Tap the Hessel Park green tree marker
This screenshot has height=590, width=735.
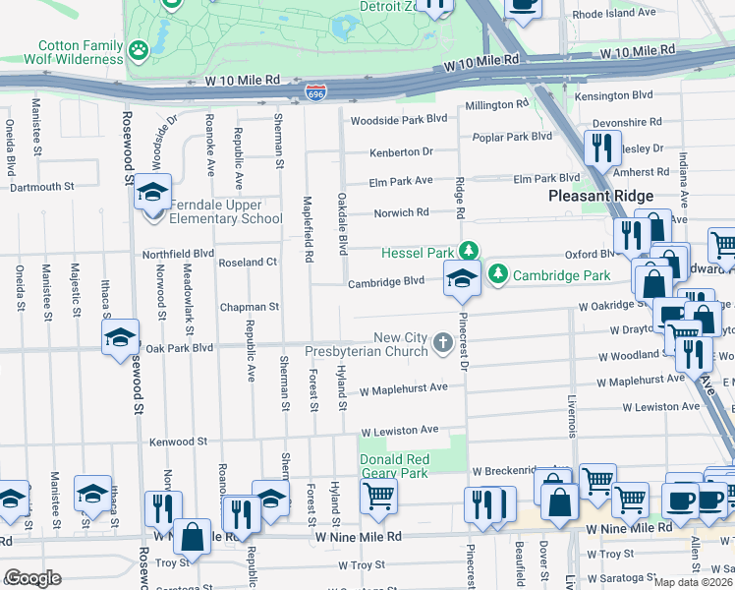click(471, 251)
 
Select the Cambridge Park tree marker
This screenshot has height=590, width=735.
click(498, 273)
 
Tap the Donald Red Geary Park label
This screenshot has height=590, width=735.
click(394, 466)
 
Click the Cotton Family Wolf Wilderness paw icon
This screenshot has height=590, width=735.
click(139, 46)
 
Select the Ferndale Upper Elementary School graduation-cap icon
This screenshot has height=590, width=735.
click(152, 191)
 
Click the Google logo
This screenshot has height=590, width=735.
click(32, 577)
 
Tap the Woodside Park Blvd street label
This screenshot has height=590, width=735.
click(399, 118)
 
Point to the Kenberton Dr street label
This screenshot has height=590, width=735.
click(401, 151)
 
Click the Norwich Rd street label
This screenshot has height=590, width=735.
click(401, 212)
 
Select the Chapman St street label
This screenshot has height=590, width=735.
click(250, 307)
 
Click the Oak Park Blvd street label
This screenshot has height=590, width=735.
click(180, 348)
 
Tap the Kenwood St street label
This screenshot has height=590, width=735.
click(179, 442)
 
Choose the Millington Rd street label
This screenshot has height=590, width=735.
click(497, 104)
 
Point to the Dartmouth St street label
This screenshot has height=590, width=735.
click(42, 186)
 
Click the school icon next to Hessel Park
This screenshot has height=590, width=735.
click(462, 278)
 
